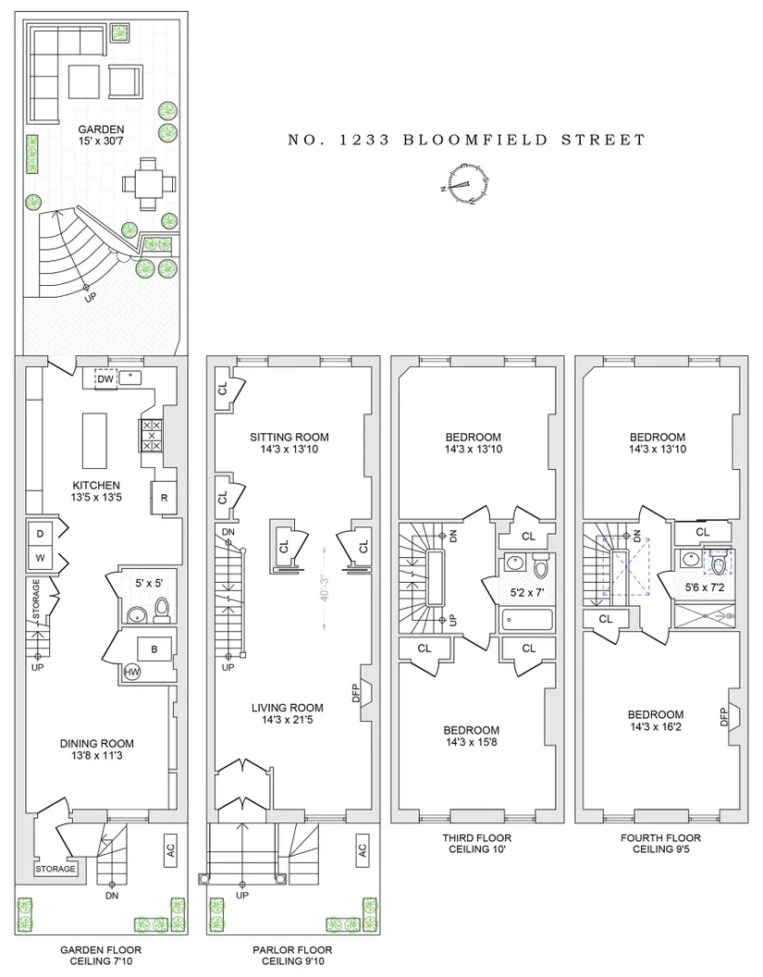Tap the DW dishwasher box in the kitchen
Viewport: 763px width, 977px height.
coord(105,378)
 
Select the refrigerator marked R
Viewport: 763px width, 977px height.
coord(164,497)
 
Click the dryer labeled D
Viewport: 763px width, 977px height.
coord(41,534)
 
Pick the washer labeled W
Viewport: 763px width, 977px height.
coord(41,558)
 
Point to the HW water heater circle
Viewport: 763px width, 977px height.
coord(132,672)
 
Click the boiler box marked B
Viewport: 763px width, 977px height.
coord(154,649)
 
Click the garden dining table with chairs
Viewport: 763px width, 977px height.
coord(148,183)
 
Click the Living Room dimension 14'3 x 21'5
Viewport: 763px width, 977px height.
coord(287,720)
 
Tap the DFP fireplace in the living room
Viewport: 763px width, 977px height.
coord(363,692)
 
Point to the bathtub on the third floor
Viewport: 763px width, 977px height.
coord(526,620)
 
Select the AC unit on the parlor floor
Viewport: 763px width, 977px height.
coord(362,849)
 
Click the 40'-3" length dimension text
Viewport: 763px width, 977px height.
coord(324,588)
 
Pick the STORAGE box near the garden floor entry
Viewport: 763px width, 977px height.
coord(55,869)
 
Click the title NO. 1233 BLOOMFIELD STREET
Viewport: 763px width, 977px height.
coord(466,140)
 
